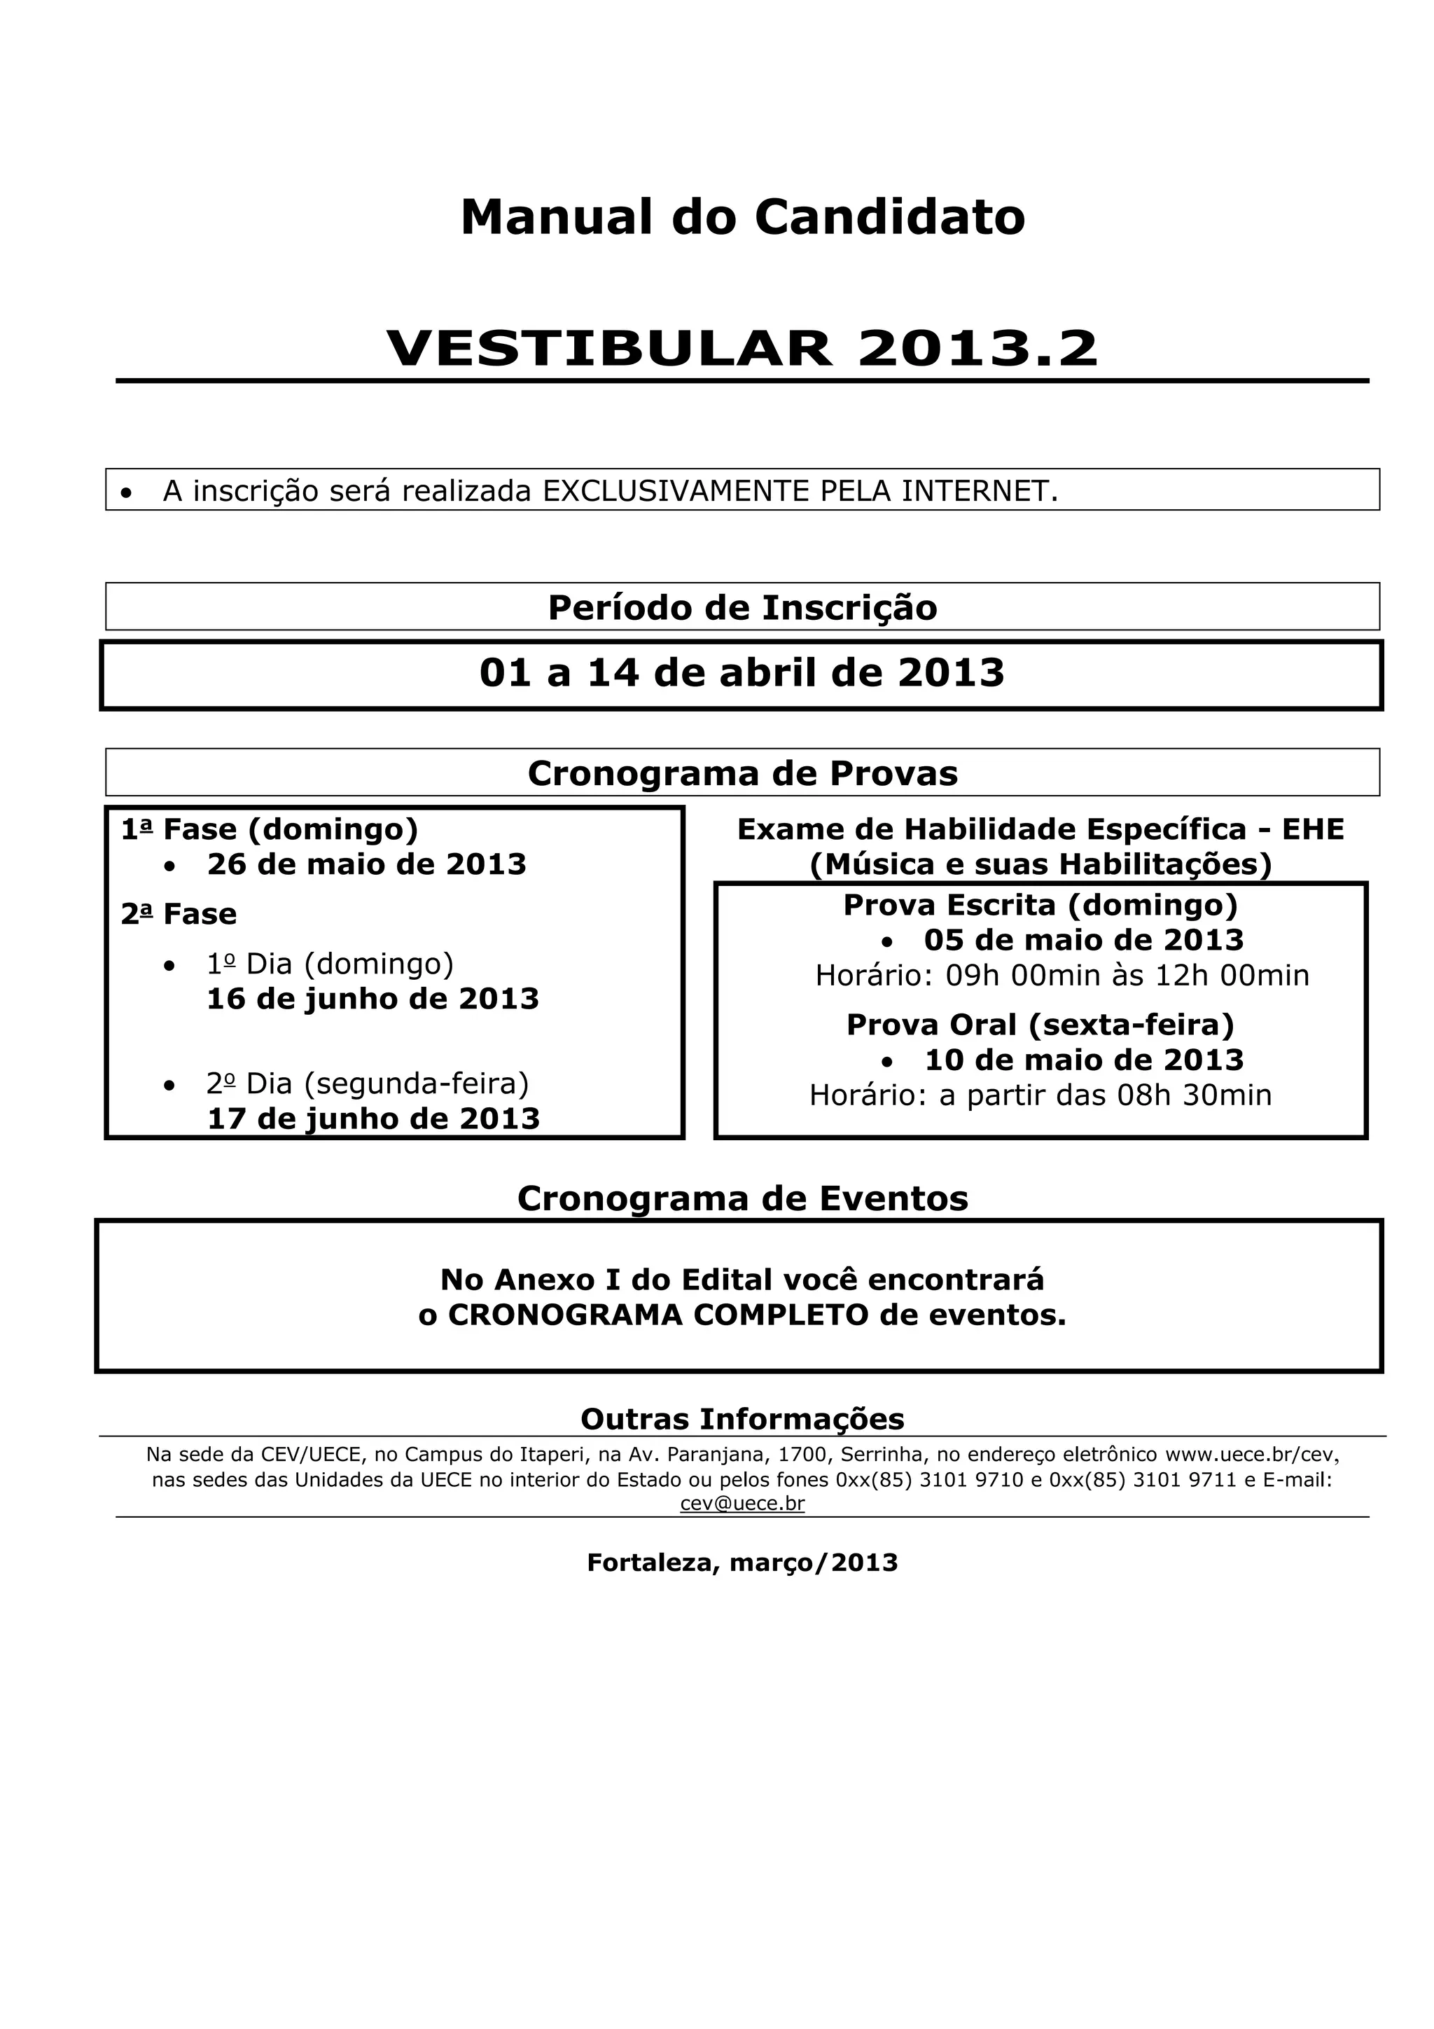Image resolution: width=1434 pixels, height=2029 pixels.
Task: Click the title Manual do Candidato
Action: (742, 217)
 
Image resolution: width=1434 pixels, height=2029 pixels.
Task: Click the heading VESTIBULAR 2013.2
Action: (742, 347)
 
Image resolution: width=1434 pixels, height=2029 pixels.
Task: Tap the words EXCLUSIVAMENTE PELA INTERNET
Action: (799, 492)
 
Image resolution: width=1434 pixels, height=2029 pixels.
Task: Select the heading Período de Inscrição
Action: (742, 608)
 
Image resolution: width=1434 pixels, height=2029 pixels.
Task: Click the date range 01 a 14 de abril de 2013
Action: (742, 673)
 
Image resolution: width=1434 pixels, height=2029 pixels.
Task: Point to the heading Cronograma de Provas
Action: (742, 774)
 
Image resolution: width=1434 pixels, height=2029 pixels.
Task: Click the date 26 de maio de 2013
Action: (367, 864)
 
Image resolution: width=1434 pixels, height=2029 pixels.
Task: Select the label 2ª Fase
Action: (179, 914)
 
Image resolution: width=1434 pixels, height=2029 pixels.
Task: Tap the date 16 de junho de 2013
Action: (373, 999)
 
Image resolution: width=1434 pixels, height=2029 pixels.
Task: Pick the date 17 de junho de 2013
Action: (373, 1119)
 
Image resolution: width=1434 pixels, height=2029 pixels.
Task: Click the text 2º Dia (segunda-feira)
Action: (368, 1083)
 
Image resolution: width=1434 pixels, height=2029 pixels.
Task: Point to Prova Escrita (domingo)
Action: (1040, 905)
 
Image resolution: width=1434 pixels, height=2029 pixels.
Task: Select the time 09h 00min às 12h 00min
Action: (1127, 976)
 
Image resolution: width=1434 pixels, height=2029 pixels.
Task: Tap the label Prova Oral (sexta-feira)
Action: (1040, 1025)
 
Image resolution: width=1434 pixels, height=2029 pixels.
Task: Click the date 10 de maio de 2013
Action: (1083, 1060)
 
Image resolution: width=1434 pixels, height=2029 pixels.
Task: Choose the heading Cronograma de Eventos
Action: (742, 1199)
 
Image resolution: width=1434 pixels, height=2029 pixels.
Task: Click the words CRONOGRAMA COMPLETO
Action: (658, 1315)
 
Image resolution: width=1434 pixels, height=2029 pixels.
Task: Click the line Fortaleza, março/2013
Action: (742, 1563)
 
